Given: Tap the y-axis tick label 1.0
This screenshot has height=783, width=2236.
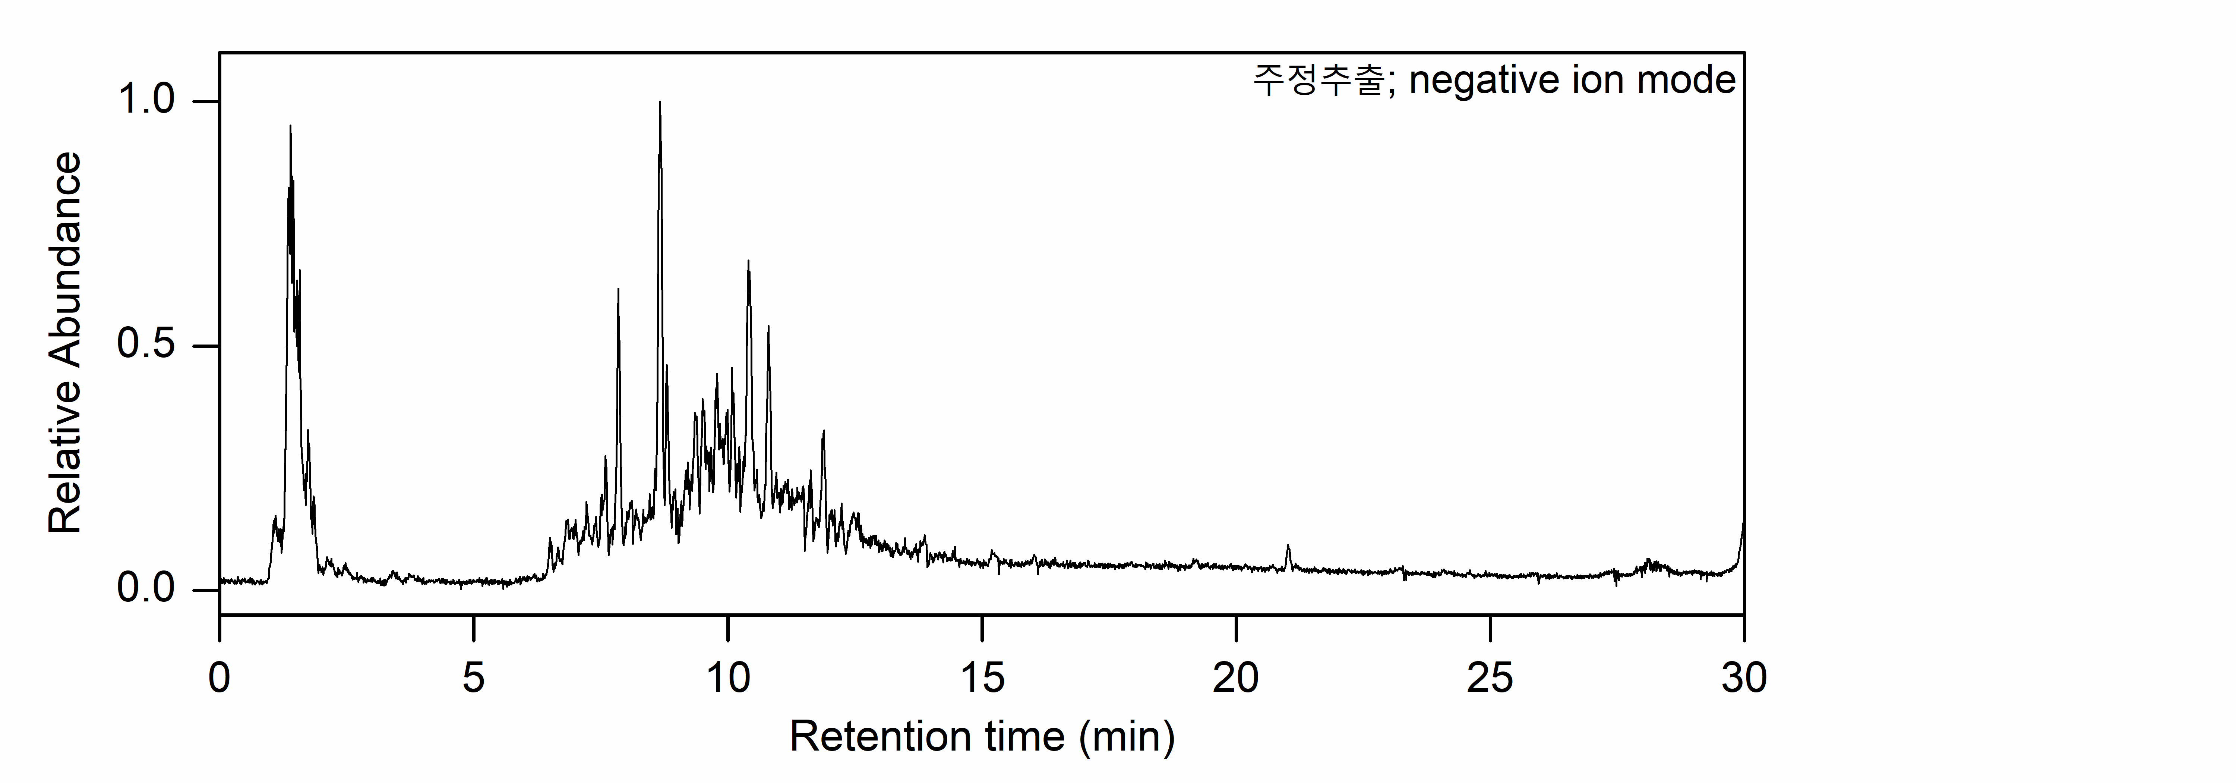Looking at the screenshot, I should click(146, 100).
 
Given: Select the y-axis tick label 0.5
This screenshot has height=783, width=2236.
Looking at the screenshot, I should click(146, 345).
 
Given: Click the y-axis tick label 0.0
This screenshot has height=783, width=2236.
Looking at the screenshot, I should click(146, 588).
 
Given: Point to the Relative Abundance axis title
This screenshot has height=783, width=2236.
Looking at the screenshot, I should click(65, 343).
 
